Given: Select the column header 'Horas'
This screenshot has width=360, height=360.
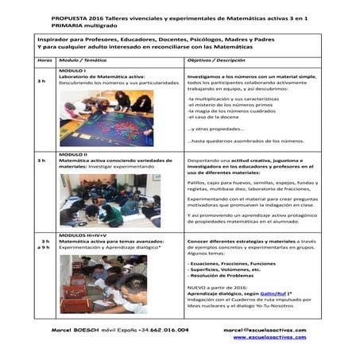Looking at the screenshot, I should coord(45,60).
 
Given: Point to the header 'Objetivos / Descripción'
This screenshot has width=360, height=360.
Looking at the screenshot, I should coord(215,60).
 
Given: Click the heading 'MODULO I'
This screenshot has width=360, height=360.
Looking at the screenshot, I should coord(73,69).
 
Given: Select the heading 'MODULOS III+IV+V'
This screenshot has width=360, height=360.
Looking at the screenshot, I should coord(83,235).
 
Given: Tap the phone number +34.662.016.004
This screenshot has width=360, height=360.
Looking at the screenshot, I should coord(163,329).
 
